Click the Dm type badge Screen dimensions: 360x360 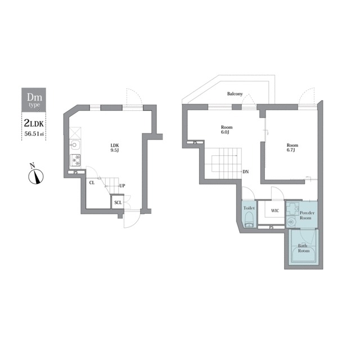[34, 100]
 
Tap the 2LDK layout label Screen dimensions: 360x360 [34, 124]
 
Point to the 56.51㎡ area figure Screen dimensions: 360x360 [34, 134]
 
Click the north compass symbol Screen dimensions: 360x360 [35, 174]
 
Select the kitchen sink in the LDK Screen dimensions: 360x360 [75, 145]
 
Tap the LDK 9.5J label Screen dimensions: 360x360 [115, 148]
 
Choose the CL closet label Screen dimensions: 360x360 [92, 183]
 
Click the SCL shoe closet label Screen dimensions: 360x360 [118, 202]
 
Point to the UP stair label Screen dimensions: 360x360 [122, 186]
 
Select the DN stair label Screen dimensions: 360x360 [246, 172]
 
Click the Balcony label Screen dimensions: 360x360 [235, 94]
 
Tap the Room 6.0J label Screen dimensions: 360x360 [227, 130]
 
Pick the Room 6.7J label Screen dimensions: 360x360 [292, 147]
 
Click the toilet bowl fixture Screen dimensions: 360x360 [249, 220]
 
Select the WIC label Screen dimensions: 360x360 [275, 210]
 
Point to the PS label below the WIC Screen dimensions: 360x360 [271, 227]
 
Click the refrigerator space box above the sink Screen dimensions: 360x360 [75, 133]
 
